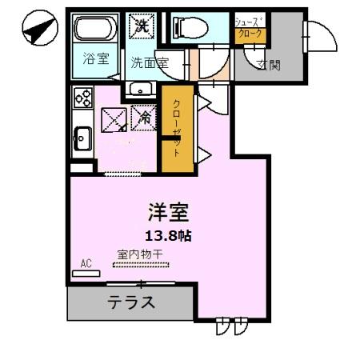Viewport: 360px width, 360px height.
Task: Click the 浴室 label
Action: (95, 59)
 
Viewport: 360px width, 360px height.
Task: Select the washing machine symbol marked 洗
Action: (143, 26)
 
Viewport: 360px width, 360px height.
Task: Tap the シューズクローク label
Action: (248, 30)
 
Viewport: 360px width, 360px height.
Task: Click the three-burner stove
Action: (82, 97)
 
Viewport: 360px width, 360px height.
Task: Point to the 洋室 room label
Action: (168, 213)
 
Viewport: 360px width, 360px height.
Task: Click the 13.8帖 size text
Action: (169, 236)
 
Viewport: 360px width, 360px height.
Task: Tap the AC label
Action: (86, 262)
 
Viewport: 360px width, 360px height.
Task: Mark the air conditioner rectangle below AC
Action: (86, 273)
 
